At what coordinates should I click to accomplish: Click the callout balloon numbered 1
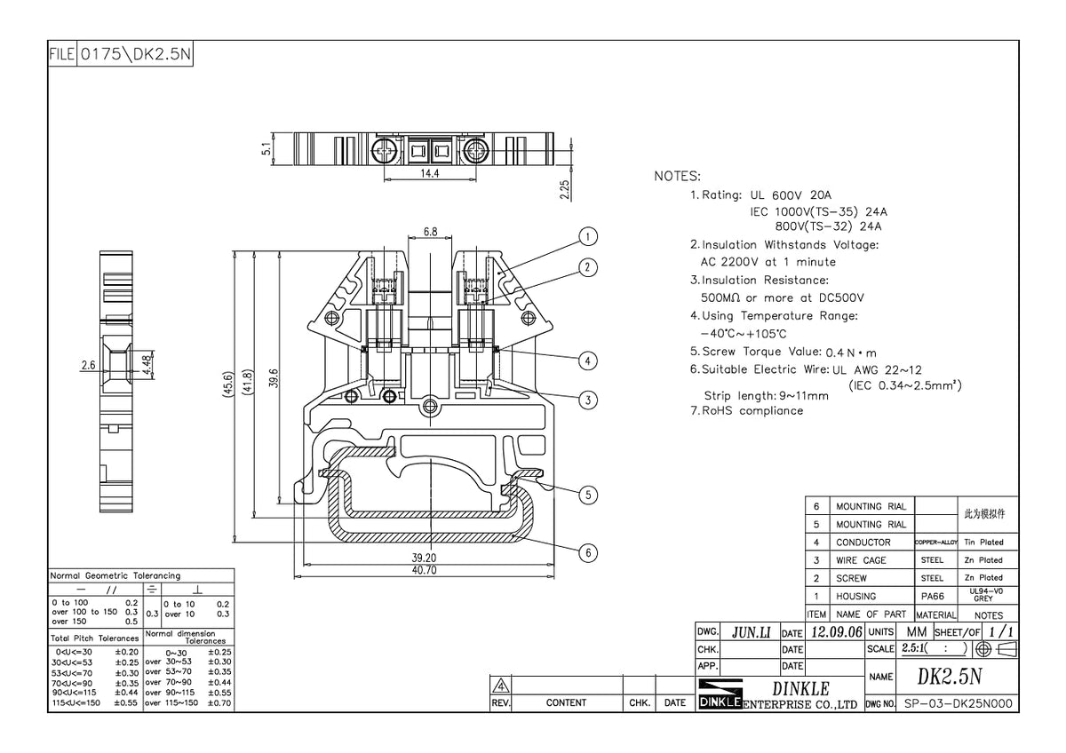pos(587,236)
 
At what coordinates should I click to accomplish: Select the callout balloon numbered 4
pos(587,361)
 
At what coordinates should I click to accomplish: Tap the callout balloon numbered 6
pos(587,552)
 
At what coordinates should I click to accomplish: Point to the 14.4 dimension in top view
pos(430,174)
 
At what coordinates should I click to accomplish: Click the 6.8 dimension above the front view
pos(430,232)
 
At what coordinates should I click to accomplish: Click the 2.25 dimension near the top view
pos(565,190)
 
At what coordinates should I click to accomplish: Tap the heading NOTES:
pos(677,176)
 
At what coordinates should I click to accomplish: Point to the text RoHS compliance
pos(752,411)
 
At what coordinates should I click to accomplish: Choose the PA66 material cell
pos(932,596)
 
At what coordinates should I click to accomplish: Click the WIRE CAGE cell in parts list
pos(861,560)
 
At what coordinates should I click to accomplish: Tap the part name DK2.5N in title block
pos(950,677)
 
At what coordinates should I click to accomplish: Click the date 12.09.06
pos(836,632)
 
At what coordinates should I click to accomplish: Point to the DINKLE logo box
pos(720,695)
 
